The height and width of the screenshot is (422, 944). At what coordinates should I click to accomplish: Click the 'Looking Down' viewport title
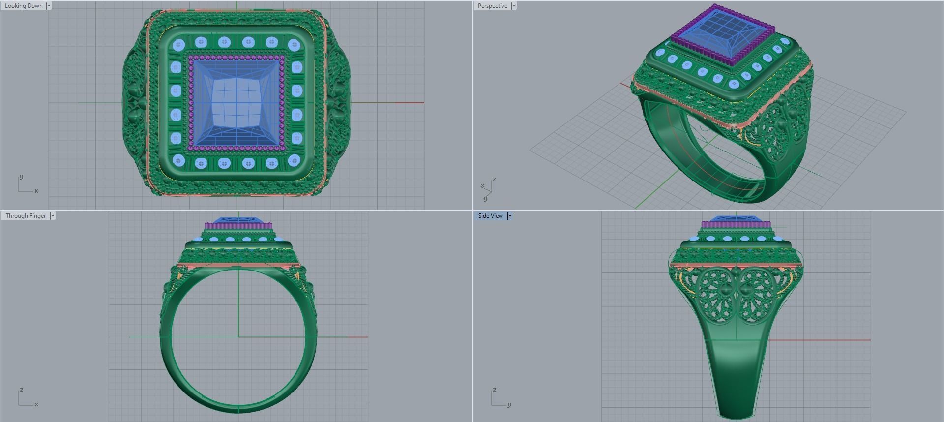[x=24, y=6]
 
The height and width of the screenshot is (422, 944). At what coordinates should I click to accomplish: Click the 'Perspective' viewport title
[x=492, y=6]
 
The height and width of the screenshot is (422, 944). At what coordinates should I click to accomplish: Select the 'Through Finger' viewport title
[x=26, y=216]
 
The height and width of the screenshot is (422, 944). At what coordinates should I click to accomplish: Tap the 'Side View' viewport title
[x=490, y=216]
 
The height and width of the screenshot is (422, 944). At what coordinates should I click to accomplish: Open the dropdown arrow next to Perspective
[x=514, y=6]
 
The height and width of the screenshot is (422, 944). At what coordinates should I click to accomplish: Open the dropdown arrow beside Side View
[x=510, y=216]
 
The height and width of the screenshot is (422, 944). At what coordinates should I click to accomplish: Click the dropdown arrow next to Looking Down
[x=49, y=6]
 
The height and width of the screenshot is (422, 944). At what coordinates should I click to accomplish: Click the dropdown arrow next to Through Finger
[x=53, y=216]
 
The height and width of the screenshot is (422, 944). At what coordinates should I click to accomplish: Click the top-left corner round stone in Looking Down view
[x=178, y=45]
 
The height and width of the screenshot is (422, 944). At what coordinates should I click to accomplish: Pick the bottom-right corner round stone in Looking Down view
[x=294, y=160]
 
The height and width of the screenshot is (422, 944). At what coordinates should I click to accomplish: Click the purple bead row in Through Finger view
[x=238, y=226]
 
